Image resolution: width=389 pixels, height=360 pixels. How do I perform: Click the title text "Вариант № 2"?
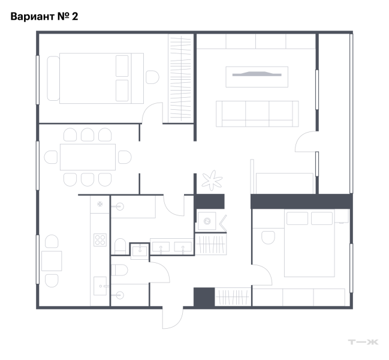(44, 16)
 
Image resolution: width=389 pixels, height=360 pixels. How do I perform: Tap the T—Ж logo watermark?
(363, 342)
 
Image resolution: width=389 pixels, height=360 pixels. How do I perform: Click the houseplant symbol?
(212, 180)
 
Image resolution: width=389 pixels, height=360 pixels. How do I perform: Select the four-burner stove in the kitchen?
(100, 240)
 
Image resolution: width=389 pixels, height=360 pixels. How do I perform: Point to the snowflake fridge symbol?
(99, 204)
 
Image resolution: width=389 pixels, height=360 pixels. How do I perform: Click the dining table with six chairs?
(88, 157)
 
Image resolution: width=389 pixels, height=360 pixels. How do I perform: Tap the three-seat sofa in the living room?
(257, 114)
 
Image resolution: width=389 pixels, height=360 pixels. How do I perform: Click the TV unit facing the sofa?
(257, 77)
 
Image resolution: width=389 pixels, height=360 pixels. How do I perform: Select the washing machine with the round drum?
(207, 221)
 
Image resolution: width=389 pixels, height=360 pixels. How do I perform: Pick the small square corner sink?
(140, 251)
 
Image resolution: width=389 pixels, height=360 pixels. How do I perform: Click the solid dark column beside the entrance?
(204, 298)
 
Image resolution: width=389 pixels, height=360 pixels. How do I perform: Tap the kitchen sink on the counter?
(100, 286)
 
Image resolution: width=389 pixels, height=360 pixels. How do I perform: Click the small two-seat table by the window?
(52, 261)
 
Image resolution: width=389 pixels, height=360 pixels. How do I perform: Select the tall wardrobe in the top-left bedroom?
(180, 79)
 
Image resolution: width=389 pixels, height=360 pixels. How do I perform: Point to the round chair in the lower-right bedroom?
(268, 238)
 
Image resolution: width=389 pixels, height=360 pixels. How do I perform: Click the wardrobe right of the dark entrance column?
(233, 297)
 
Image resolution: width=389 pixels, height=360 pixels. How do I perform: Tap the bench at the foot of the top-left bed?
(53, 79)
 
